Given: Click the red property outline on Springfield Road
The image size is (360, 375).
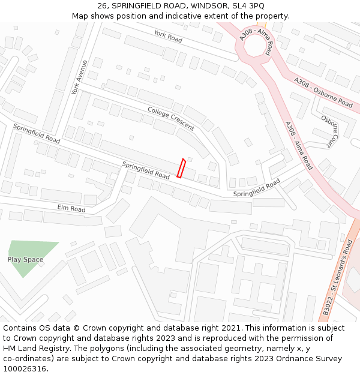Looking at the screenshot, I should [x=181, y=168].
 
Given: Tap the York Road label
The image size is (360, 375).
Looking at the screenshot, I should [x=167, y=36].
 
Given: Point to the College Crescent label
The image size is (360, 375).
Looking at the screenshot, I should [x=171, y=118].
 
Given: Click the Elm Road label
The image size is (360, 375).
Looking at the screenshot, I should [x=71, y=209].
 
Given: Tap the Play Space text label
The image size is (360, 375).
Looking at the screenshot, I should [x=25, y=260].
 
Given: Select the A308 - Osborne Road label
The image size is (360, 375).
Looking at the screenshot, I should [x=323, y=92].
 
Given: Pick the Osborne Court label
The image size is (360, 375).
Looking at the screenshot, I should [x=330, y=131].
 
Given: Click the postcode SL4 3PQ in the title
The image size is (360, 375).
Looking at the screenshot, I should [x=248, y=5].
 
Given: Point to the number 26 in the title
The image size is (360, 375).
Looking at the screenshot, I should [x=102, y=5].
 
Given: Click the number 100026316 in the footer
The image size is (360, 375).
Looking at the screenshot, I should [x=25, y=369].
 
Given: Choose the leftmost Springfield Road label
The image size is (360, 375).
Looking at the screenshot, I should [x=37, y=133].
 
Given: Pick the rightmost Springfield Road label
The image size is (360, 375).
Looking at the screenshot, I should [x=257, y=188].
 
